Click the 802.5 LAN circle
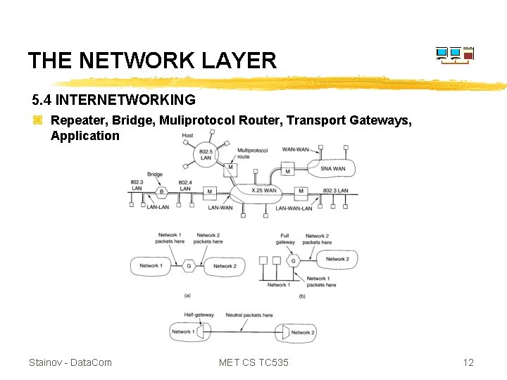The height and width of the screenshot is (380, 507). click(206, 154)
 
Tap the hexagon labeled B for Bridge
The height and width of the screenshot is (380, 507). click(161, 191)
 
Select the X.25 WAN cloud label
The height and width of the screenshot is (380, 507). click(264, 191)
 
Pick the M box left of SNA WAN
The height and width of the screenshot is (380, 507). click(287, 171)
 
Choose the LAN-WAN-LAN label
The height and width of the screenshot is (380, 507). click(294, 208)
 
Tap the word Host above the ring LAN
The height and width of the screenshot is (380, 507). click(187, 135)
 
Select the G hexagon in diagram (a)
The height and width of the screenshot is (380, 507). click(188, 266)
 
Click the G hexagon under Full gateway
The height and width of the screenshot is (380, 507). click(294, 260)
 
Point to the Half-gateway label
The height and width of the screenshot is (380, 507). click(198, 315)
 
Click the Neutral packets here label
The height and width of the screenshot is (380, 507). click(249, 315)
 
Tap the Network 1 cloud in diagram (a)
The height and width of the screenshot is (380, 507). click(149, 266)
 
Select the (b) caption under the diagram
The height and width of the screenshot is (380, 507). click(301, 296)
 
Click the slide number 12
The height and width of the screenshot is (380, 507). click(468, 362)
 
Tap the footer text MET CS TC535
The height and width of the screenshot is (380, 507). click(254, 362)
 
